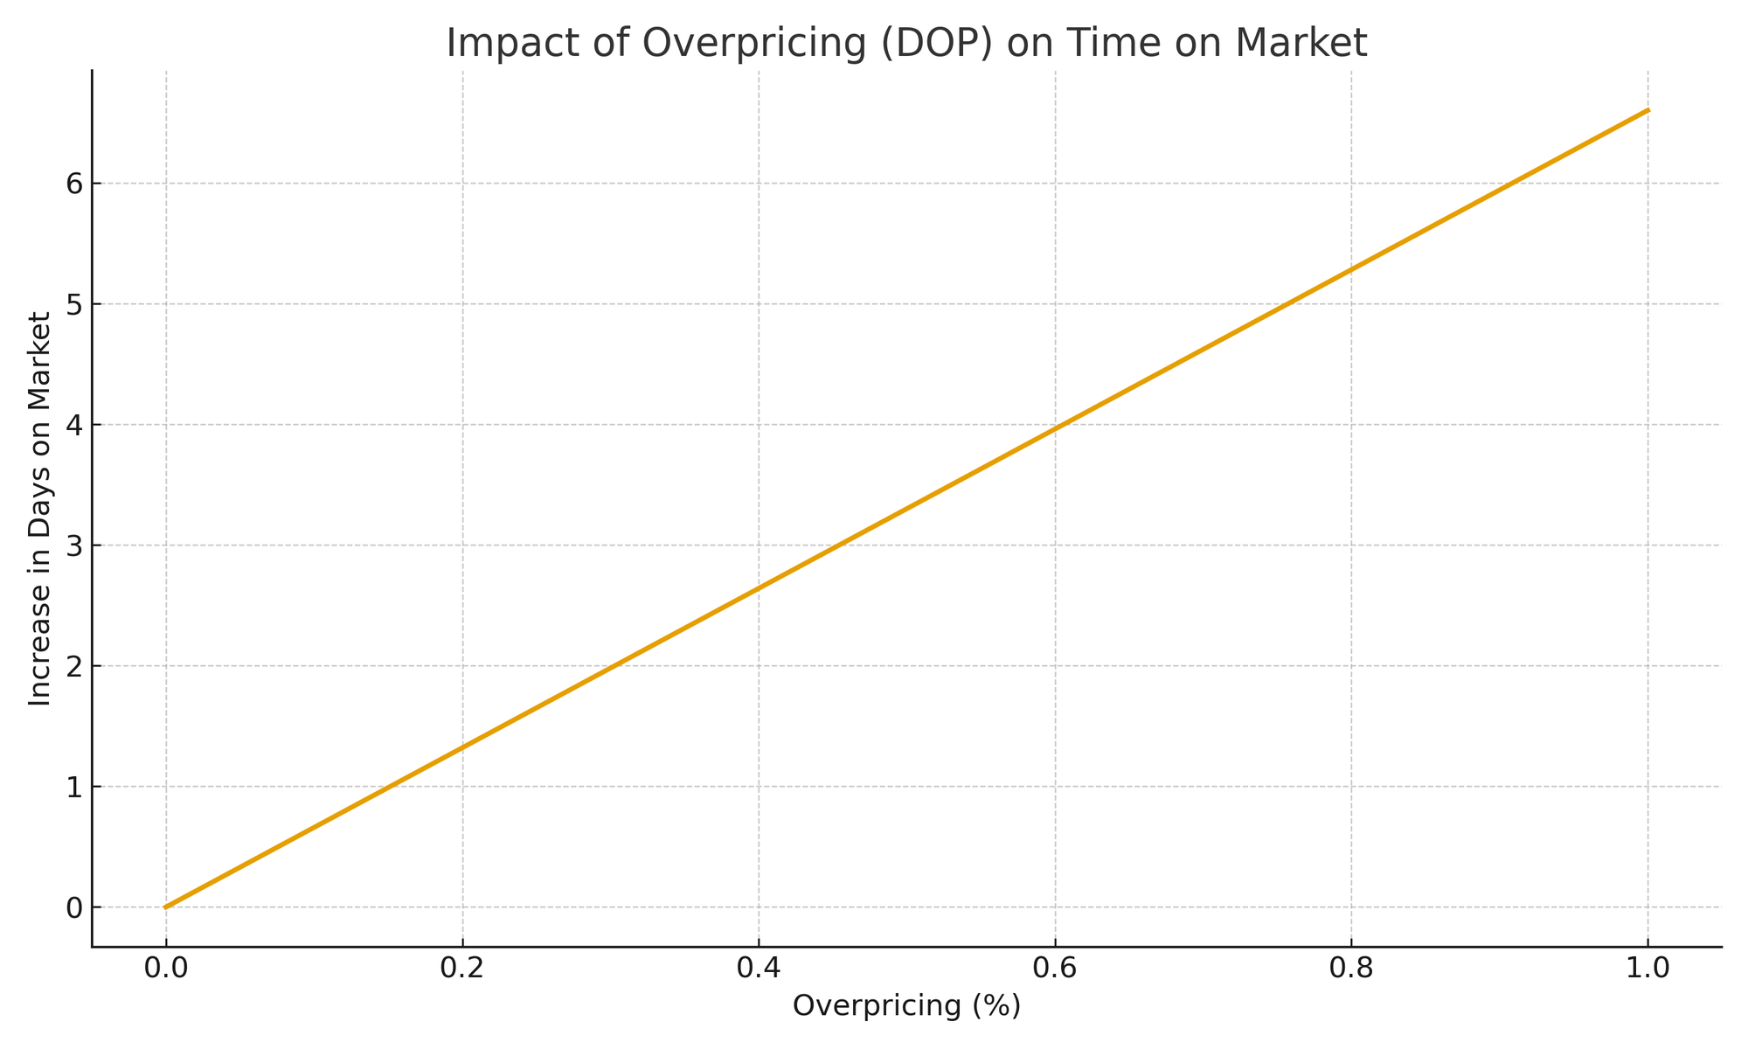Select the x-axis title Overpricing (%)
tap(906, 1006)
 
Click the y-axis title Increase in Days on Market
tap(39, 508)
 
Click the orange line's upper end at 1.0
tap(1647, 110)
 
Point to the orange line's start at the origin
tap(166, 907)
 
